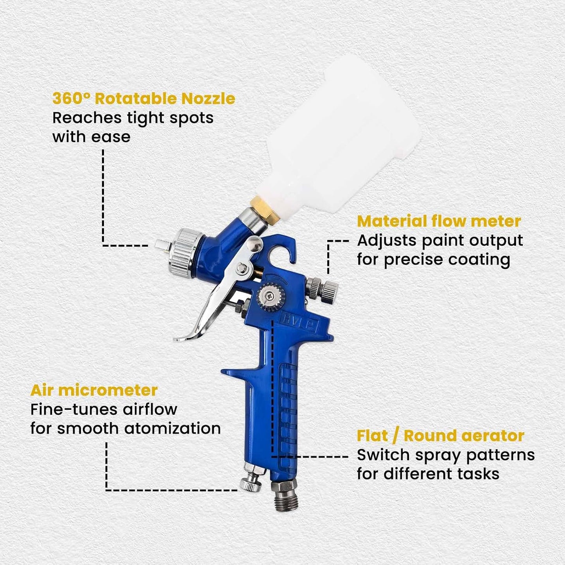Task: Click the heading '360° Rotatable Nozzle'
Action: (x=143, y=99)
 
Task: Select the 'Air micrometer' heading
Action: (x=94, y=390)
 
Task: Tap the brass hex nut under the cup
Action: (x=264, y=210)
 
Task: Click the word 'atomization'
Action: (x=172, y=429)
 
